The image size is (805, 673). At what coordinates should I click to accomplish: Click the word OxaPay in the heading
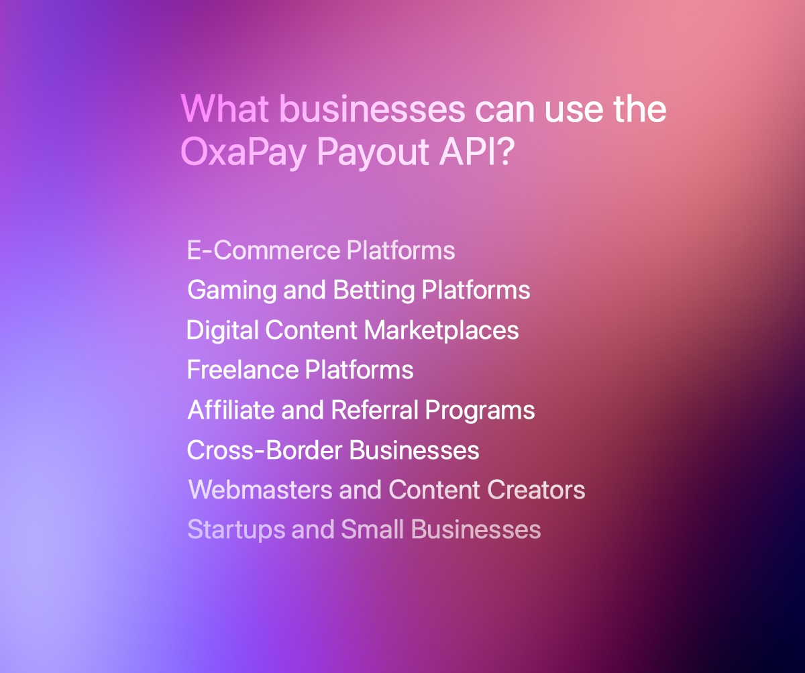pos(244,154)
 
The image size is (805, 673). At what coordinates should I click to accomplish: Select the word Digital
pos(221,330)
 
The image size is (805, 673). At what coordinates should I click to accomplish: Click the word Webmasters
pos(260,490)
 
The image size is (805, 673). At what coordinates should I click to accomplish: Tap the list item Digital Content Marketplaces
pos(352,330)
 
